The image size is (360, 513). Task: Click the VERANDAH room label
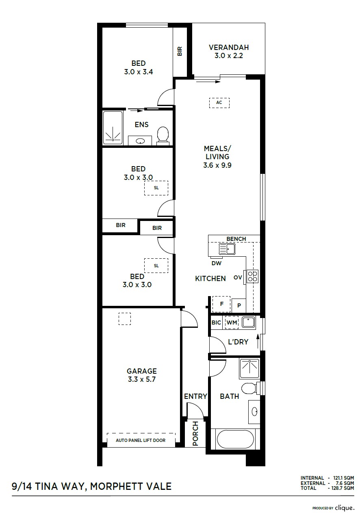click(x=228, y=48)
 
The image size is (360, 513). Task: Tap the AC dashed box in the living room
click(x=219, y=103)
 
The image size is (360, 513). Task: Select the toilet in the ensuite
click(x=163, y=136)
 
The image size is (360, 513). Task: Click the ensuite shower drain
click(x=113, y=139)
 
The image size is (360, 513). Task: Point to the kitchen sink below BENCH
click(x=227, y=249)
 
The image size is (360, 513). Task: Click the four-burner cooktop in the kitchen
click(x=252, y=276)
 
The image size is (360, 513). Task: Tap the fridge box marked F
click(x=221, y=304)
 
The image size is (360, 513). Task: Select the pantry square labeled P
click(x=239, y=305)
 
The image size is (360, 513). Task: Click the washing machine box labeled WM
click(x=232, y=323)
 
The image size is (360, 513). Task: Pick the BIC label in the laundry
click(x=216, y=323)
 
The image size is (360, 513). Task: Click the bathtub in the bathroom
click(x=235, y=439)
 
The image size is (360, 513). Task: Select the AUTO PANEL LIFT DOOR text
click(x=141, y=440)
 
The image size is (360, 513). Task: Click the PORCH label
click(x=195, y=433)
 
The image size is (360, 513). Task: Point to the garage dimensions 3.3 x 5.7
click(x=142, y=379)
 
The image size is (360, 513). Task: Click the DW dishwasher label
click(x=216, y=263)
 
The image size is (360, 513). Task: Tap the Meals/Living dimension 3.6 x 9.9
click(x=217, y=165)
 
